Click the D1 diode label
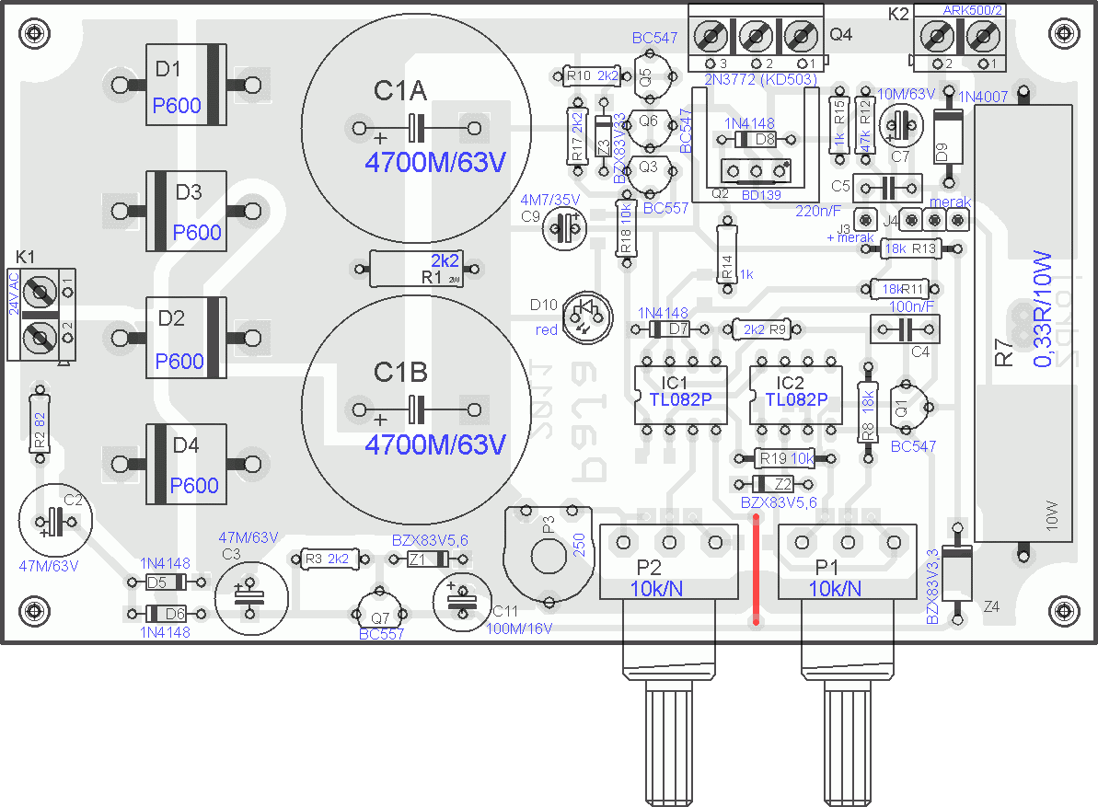pos(168,69)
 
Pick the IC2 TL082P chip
pos(796,393)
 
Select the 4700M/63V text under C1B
pos(435,445)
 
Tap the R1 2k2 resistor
pos(419,269)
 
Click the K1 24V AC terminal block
pos(40,316)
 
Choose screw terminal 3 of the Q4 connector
pos(711,38)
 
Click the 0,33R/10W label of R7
pos(1042,308)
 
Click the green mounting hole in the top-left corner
pos(35,35)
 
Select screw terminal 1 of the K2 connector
pos(984,38)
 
